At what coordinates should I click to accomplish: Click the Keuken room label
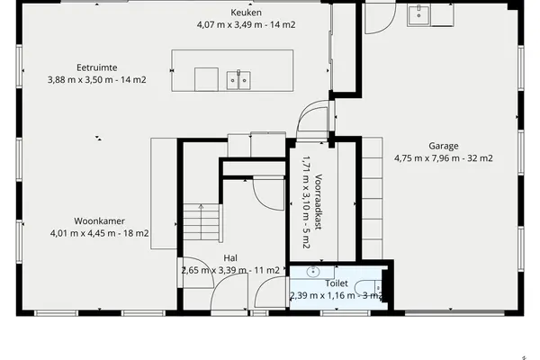(x=246, y=13)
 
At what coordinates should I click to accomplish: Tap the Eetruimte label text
(x=97, y=67)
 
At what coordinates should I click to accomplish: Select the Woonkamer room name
(x=99, y=220)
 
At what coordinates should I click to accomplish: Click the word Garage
(x=443, y=146)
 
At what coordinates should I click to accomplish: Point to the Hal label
(x=230, y=258)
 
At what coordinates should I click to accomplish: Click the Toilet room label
(x=337, y=283)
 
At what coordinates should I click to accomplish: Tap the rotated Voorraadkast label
(x=319, y=202)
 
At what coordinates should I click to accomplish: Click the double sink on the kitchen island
(x=238, y=80)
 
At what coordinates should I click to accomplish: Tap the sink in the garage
(x=418, y=15)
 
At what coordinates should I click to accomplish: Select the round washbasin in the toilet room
(x=312, y=272)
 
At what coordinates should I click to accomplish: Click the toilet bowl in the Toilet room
(x=368, y=288)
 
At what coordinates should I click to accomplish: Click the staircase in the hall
(x=202, y=222)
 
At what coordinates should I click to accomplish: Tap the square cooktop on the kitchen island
(x=206, y=79)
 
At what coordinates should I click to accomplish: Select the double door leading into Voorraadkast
(x=312, y=120)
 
